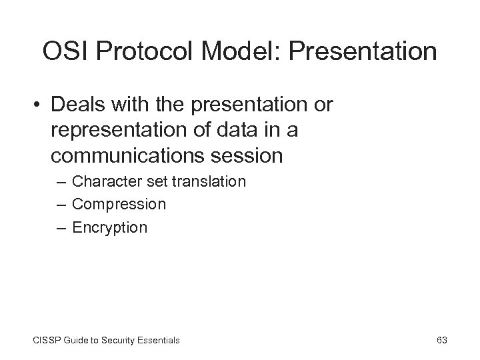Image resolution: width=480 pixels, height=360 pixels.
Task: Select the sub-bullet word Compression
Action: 119,204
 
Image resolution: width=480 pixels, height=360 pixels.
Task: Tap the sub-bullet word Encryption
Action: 109,227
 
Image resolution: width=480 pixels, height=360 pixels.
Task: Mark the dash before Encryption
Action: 61,227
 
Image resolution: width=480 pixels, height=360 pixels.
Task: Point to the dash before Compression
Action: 61,204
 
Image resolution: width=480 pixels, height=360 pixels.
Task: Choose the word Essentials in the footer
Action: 157,340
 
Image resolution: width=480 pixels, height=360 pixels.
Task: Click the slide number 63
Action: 441,340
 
